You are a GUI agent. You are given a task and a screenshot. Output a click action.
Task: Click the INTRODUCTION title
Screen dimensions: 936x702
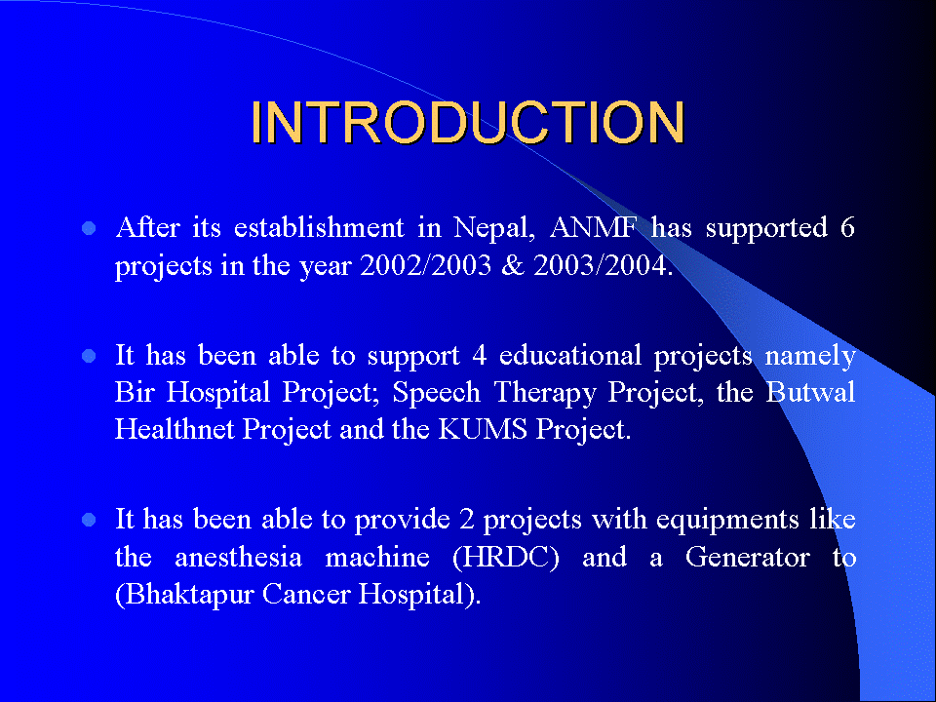coord(467,123)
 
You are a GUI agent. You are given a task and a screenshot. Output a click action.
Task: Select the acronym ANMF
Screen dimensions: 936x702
coord(594,227)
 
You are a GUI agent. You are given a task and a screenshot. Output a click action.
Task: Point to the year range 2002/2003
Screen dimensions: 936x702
coord(426,265)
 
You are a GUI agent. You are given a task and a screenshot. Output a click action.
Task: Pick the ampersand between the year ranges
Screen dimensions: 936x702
coord(512,265)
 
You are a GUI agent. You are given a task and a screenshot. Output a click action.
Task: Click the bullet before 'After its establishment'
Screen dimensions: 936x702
coord(89,228)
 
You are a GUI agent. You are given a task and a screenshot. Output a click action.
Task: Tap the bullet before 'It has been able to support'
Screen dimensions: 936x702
coord(89,357)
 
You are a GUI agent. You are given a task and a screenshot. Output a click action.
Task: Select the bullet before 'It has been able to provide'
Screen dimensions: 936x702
coord(89,520)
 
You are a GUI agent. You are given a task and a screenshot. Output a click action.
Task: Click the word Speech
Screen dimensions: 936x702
coord(437,393)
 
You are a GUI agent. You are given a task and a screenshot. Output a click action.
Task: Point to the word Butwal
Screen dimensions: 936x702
coord(810,392)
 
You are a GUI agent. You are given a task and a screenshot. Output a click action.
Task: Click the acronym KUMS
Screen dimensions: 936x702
coord(483,429)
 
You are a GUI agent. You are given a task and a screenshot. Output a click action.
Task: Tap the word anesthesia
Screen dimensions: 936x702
coord(238,558)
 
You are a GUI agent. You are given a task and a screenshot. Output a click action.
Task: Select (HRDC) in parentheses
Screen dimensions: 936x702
coord(506,558)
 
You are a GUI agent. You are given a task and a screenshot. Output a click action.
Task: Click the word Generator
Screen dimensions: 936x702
coord(748,558)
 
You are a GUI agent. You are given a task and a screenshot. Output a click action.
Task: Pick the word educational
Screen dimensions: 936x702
coord(570,356)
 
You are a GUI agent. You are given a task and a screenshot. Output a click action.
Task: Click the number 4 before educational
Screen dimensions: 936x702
coord(480,357)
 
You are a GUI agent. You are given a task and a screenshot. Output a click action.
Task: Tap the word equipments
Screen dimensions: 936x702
coord(727,521)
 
